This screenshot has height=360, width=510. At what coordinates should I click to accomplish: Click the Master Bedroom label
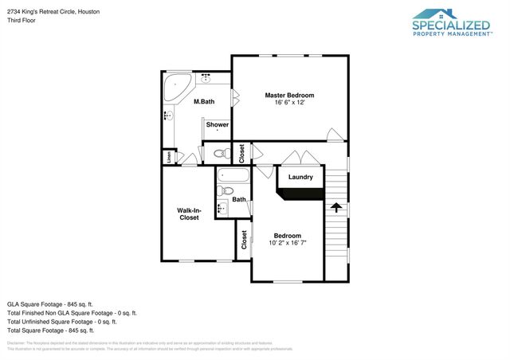point(289,95)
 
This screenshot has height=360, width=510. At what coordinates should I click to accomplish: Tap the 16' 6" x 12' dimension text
point(289,103)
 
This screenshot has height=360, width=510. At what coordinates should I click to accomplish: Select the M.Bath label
point(204,101)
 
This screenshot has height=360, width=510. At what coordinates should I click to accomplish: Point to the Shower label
point(218,125)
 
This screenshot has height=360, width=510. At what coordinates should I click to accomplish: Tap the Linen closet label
point(169,157)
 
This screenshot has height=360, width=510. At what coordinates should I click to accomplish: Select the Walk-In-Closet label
point(189,213)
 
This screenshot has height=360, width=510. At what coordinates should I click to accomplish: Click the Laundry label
point(300,177)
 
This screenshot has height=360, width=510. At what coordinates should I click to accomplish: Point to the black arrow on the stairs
point(336,208)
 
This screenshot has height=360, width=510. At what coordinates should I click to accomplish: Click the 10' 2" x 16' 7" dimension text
point(288,243)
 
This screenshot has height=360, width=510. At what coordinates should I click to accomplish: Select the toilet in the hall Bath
point(227,191)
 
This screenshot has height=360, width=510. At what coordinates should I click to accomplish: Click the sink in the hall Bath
point(222,209)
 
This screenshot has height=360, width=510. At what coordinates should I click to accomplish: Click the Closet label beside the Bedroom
point(244,240)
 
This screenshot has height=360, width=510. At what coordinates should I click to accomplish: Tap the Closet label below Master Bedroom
point(241,153)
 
